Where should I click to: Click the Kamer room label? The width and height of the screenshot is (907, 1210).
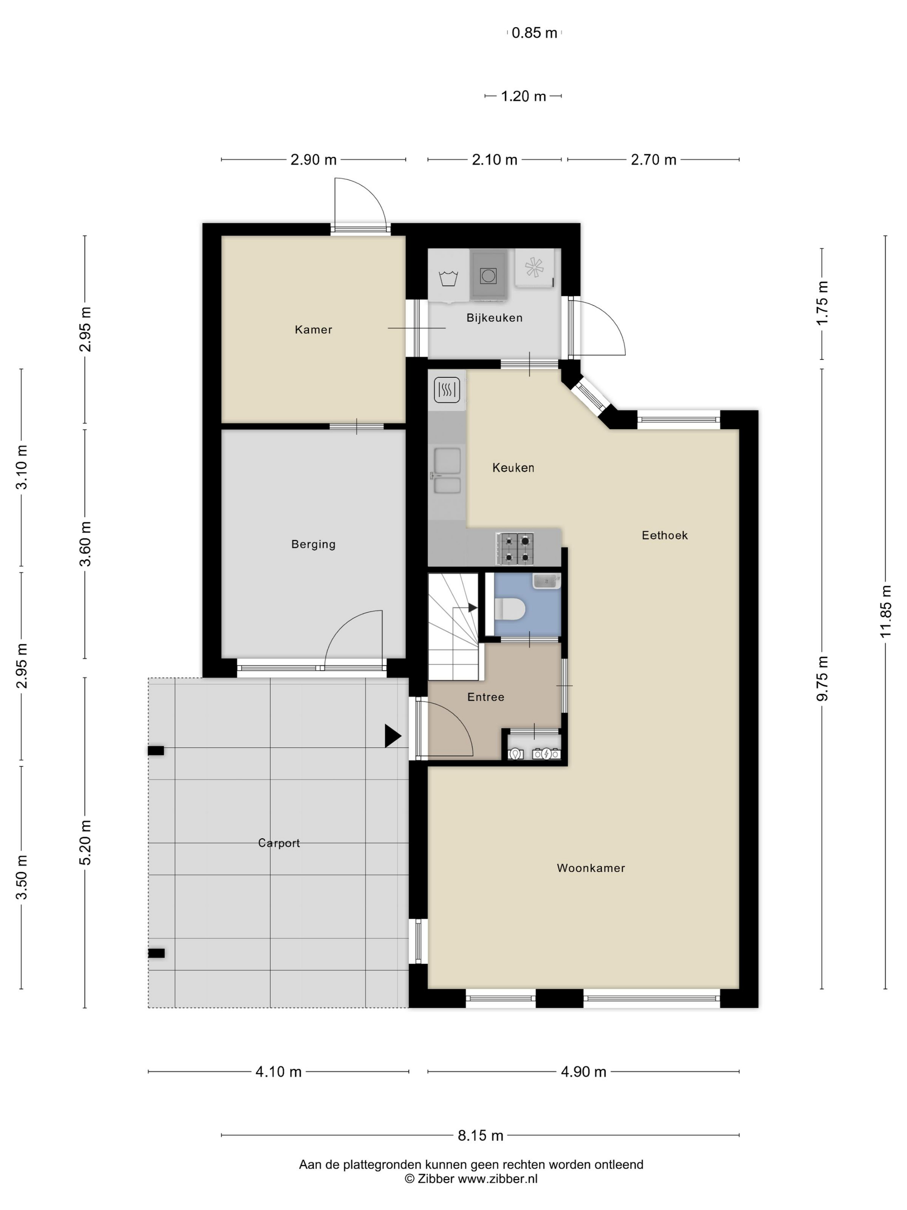click(313, 329)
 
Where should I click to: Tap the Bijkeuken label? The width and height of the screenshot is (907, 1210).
click(494, 318)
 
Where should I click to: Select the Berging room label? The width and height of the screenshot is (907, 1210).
click(313, 544)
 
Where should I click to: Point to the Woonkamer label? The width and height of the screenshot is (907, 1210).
click(590, 868)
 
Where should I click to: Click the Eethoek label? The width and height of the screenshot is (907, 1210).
click(664, 535)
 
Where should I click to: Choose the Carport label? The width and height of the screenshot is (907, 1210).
click(279, 843)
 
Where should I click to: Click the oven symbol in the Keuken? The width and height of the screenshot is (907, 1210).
click(447, 390)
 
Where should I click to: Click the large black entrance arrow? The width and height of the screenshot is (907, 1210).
click(393, 736)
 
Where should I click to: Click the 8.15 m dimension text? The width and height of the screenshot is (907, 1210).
click(480, 1136)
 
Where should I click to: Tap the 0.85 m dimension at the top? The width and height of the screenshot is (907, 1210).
click(534, 33)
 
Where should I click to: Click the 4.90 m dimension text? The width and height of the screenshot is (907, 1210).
click(584, 1072)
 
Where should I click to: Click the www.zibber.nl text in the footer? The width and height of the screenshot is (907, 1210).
click(497, 1179)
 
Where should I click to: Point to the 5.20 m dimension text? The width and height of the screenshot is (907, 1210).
click(85, 843)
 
